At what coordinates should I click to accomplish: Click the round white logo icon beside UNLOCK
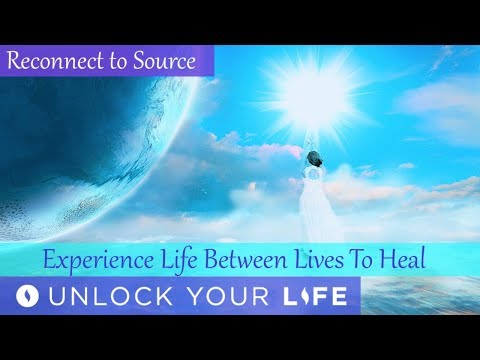pyautogui.click(x=34, y=296)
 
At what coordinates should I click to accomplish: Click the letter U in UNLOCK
pyautogui.click(x=68, y=296)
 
